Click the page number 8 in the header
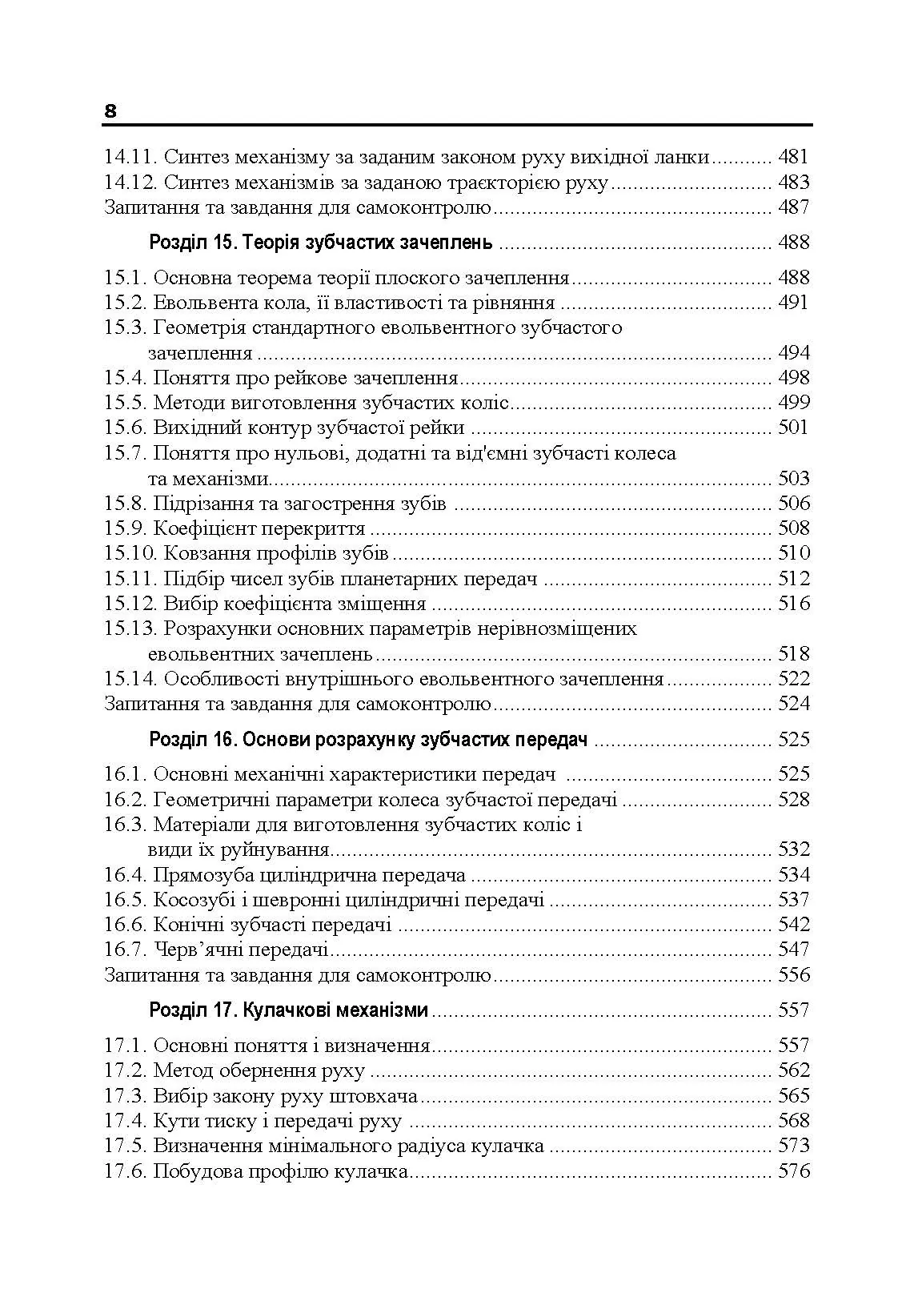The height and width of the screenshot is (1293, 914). tap(110, 111)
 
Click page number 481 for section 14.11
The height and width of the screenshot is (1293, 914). tap(793, 157)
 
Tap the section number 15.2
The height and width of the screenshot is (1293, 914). tap(125, 303)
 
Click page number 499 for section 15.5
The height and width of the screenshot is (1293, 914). tap(793, 403)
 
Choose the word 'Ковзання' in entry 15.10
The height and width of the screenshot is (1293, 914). tap(206, 553)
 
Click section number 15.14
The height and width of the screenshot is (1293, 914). tap(130, 679)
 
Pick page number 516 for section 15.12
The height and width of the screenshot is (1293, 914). tap(793, 604)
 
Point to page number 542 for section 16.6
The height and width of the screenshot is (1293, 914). tap(793, 925)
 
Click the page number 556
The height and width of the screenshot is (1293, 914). tap(793, 975)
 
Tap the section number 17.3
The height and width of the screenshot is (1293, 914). tap(125, 1096)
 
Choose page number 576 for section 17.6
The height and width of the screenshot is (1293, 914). tap(793, 1172)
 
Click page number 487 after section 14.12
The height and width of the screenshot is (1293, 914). tap(793, 207)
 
